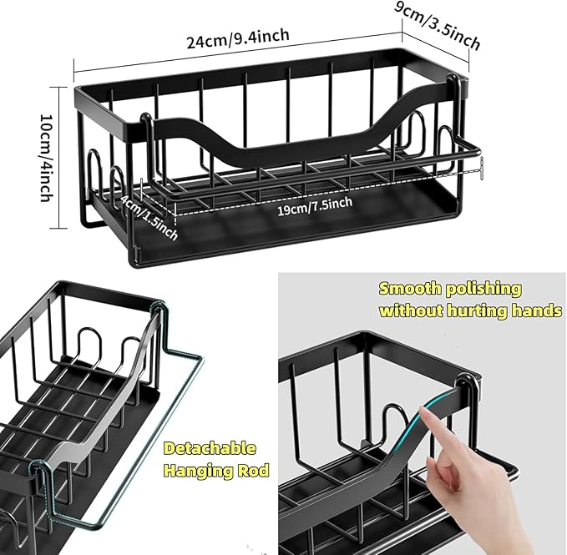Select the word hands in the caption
[534, 310]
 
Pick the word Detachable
[210, 449]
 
